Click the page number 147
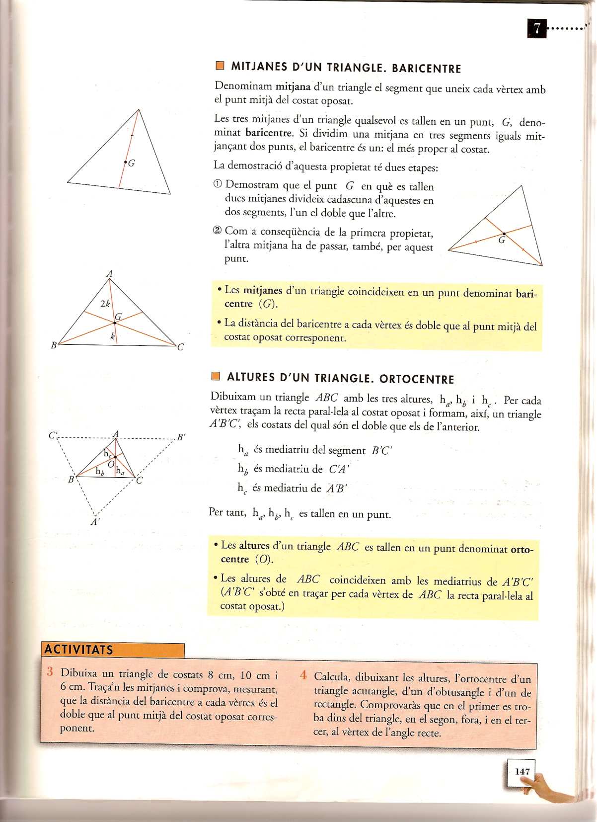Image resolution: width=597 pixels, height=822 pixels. click(x=522, y=771)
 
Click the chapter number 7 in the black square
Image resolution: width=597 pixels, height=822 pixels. click(x=536, y=28)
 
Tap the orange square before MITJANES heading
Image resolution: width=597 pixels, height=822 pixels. click(x=220, y=66)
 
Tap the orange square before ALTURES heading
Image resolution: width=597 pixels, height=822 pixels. click(x=216, y=376)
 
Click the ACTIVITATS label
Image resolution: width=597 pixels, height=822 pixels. click(x=78, y=649)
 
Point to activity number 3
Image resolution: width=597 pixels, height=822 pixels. click(x=50, y=672)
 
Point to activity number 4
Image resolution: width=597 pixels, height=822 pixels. click(x=303, y=675)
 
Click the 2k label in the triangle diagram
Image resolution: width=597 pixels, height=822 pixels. click(x=105, y=303)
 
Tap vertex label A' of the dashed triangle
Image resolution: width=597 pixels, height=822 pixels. click(x=95, y=522)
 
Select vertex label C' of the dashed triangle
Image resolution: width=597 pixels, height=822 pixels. click(x=54, y=435)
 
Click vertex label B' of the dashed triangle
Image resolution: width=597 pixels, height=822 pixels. click(x=181, y=437)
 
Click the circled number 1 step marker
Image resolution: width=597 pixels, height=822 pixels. click(x=218, y=184)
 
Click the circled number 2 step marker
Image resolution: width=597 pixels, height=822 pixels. click(x=217, y=231)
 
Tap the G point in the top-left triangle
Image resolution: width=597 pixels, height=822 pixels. click(x=126, y=163)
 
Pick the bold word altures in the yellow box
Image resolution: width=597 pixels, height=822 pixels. click(x=254, y=545)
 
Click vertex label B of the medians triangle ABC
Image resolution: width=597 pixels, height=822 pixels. click(x=54, y=345)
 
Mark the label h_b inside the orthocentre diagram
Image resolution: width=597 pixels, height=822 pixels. click(x=99, y=471)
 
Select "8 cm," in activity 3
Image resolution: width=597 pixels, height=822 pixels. click(x=221, y=675)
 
